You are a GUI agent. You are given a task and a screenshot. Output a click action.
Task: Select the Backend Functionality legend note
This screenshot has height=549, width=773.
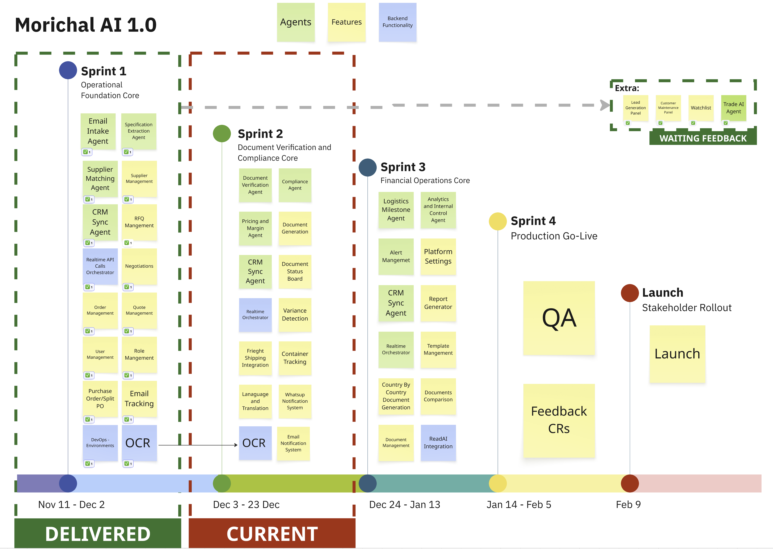[397, 22]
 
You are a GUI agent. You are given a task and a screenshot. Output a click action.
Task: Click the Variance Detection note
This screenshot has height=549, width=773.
[295, 314]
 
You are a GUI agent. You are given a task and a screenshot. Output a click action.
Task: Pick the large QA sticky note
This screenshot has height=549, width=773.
[559, 318]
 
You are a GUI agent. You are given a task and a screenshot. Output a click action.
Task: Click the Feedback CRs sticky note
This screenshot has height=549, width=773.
[559, 420]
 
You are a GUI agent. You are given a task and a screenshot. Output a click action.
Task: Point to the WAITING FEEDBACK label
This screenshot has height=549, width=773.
[703, 138]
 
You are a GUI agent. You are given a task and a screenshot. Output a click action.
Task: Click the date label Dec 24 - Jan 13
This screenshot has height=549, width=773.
[404, 504]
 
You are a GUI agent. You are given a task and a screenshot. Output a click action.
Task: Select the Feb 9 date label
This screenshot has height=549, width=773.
[628, 504]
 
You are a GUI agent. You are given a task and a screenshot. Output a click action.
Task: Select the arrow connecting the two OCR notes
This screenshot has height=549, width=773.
[198, 445]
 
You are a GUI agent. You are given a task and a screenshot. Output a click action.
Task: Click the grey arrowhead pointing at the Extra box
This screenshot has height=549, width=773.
[605, 105]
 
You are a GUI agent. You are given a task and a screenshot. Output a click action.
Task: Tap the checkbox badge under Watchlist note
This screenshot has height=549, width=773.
[693, 123]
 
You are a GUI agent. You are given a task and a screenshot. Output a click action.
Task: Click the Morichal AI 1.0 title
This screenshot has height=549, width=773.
[86, 25]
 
